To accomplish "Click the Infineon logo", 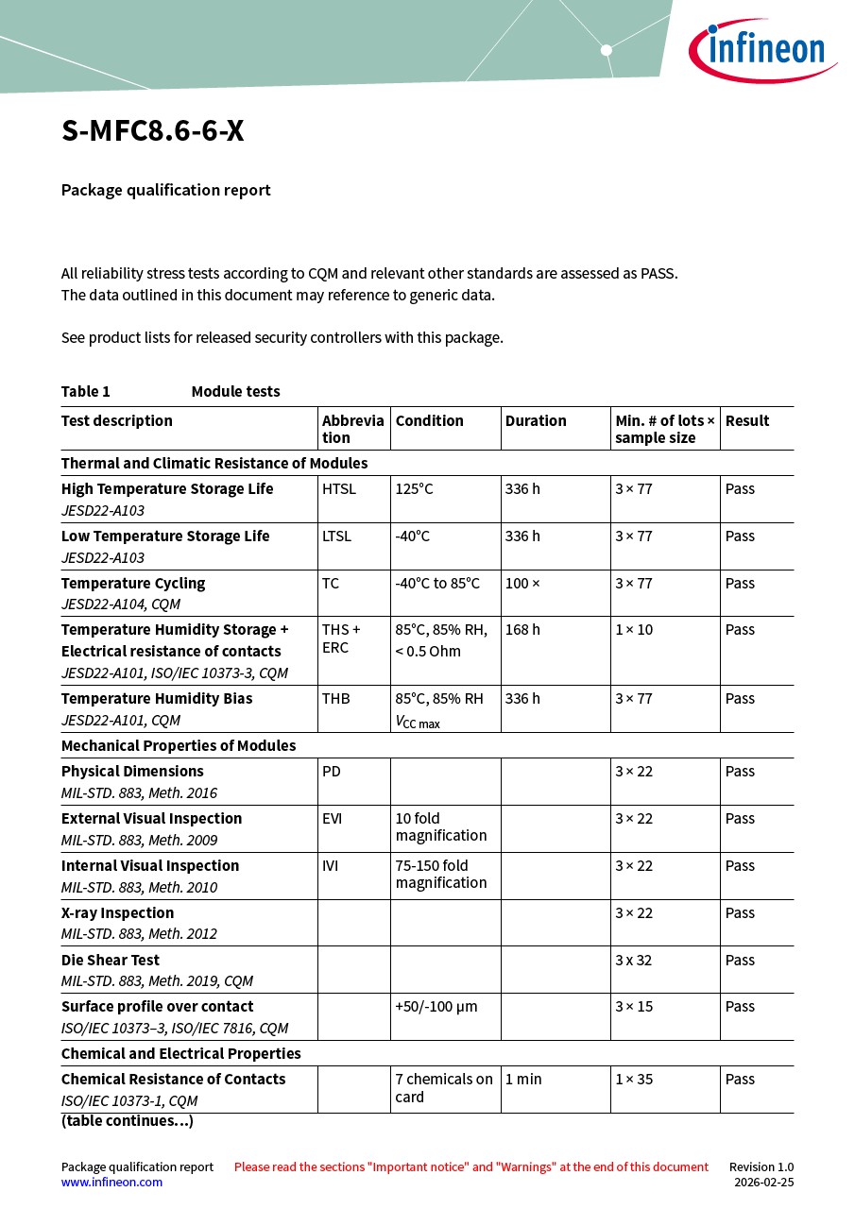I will point(761,49).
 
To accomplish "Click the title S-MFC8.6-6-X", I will point(153,131).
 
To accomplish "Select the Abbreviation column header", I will point(352,429).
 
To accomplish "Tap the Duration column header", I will point(536,421).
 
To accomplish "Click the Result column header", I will point(747,421).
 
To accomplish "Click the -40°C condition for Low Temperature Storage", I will point(412,536).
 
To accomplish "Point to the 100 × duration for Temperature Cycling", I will point(522,584).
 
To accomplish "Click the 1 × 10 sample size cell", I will point(634,630).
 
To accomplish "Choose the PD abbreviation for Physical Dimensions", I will point(332,772).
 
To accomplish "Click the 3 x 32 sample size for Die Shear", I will point(634,961).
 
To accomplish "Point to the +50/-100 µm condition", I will point(436,1007).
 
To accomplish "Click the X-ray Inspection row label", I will point(118,913).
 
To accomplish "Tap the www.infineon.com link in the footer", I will point(111,1183).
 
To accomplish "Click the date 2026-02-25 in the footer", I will point(763,1183).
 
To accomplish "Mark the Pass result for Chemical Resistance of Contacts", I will point(740,1080).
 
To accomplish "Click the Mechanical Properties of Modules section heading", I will point(179,746).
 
